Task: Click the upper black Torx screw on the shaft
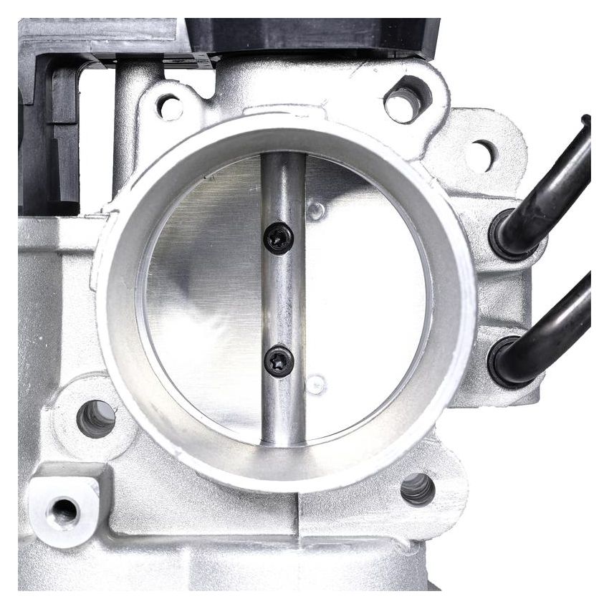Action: coord(279,238)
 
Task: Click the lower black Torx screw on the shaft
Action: coord(279,360)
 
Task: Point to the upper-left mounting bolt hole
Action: coord(170,107)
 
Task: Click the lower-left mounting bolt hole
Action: coord(96,418)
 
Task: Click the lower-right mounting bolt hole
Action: coord(417,489)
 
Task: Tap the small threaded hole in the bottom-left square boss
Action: coord(63,511)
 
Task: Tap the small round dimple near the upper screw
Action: coord(315,210)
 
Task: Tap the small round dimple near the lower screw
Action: coord(315,385)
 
